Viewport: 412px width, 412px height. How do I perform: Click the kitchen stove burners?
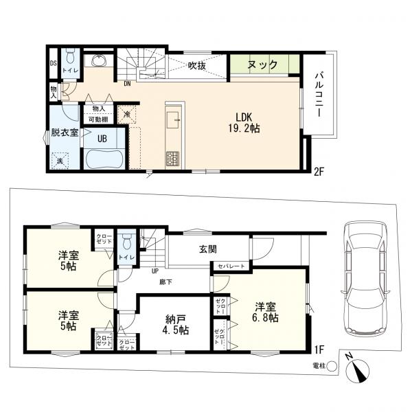tap(172, 160)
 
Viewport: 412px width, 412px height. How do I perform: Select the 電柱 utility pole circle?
tap(332, 367)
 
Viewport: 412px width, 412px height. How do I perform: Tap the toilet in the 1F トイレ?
tap(126, 243)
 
